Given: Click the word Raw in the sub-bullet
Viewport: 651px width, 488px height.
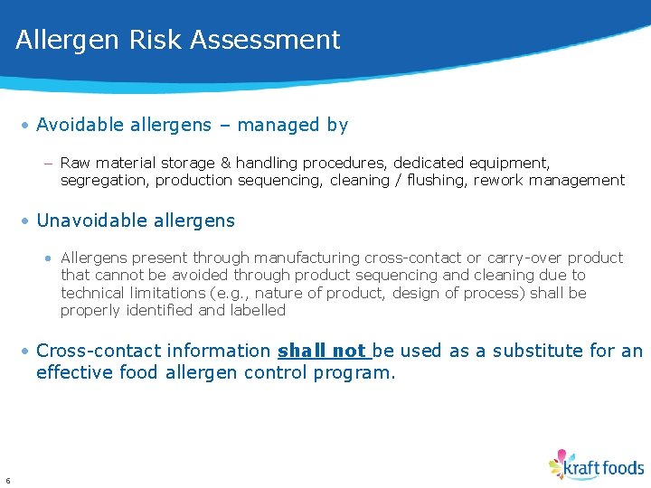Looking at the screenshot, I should pyautogui.click(x=75, y=164).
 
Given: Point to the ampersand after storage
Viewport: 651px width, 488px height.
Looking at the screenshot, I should pyautogui.click(x=226, y=164).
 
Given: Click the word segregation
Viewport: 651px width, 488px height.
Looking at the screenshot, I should pyautogui.click(x=104, y=181).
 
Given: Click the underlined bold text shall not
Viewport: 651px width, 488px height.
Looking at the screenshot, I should pyautogui.click(x=323, y=351).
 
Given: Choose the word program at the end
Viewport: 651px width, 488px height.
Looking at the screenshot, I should pyautogui.click(x=352, y=372).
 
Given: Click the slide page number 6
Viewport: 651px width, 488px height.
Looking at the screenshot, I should pyautogui.click(x=7, y=480).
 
